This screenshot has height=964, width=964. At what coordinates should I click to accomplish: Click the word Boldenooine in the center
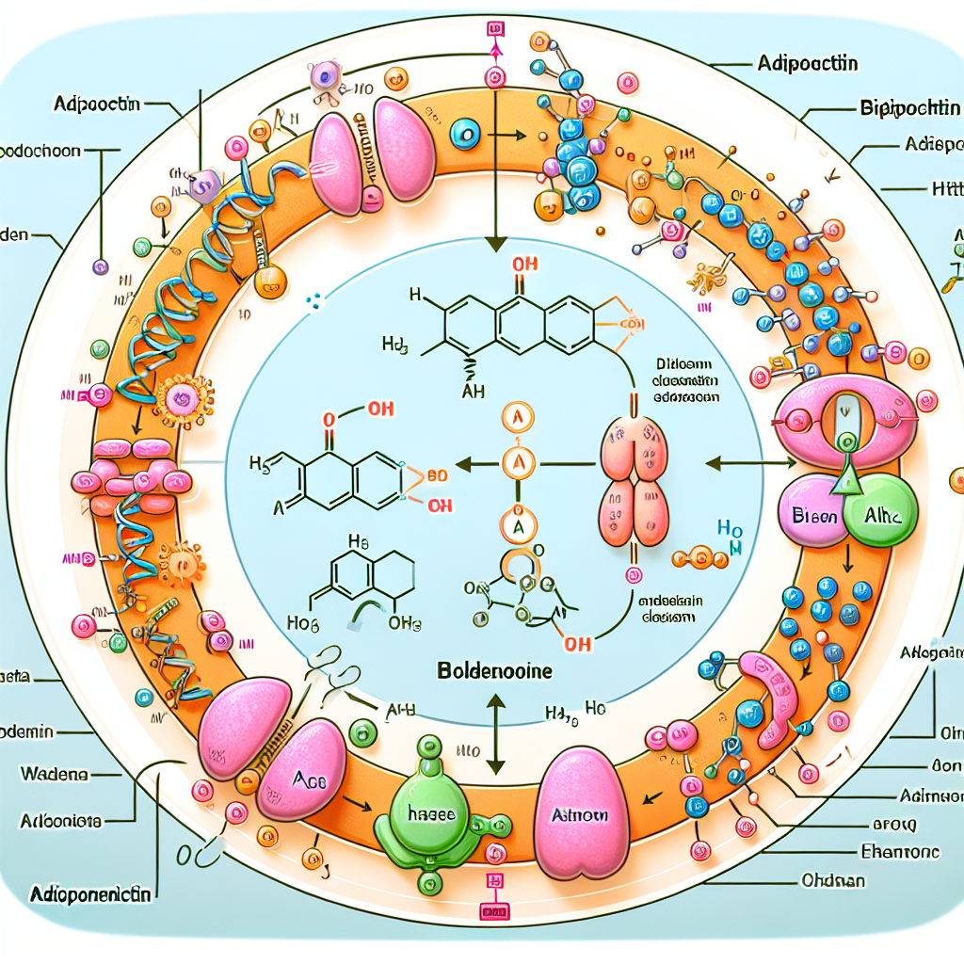coord(494,674)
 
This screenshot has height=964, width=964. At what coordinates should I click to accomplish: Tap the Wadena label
coord(54,774)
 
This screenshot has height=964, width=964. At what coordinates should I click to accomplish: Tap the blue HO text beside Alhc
coord(730,532)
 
